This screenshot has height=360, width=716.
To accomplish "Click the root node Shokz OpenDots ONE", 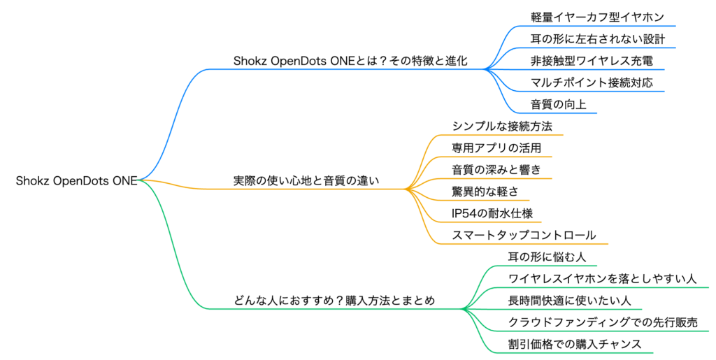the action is tap(76, 180).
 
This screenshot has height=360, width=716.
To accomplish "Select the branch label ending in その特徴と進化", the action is tap(350, 61).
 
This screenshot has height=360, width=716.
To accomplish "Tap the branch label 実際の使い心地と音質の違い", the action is tap(306, 180).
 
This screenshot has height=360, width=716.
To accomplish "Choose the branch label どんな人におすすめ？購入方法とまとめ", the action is tap(334, 301).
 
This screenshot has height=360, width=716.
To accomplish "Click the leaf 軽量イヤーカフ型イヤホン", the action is tap(597, 17).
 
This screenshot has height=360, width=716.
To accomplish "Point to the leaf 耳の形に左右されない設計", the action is tap(597, 39).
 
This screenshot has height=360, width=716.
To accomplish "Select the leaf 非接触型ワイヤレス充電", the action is tap(592, 61).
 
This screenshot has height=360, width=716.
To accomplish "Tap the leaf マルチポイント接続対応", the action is tap(592, 82).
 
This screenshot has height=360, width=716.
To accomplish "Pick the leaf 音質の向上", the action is tap(558, 104).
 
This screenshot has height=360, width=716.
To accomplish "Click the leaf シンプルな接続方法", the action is tap(502, 127).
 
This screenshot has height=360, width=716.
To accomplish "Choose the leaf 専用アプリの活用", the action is tap(496, 147).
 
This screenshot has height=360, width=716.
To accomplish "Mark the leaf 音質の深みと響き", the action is tap(496, 170).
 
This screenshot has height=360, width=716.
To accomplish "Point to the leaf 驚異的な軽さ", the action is tap(485, 192).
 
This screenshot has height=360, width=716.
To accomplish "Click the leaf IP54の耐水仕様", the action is tap(492, 213).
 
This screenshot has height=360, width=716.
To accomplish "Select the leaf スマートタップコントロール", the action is tap(524, 235).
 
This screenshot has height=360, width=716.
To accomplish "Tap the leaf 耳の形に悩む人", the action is tap(547, 257).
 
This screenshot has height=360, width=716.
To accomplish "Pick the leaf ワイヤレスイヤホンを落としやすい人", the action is tap(602, 279).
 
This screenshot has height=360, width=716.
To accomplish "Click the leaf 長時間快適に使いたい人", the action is tap(569, 300).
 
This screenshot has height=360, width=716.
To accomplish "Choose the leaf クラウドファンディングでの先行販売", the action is tap(603, 322).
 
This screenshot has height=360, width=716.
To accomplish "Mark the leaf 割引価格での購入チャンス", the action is tap(575, 344).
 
